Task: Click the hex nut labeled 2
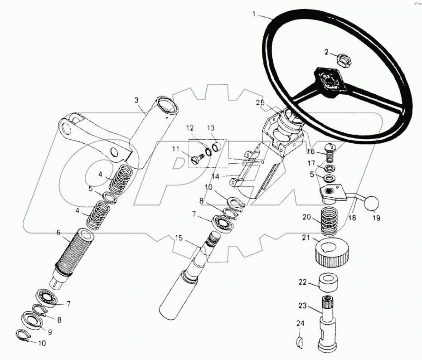[343, 60]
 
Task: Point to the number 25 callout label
[260, 103]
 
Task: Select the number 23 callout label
[302, 306]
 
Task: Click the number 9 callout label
[49, 332]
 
